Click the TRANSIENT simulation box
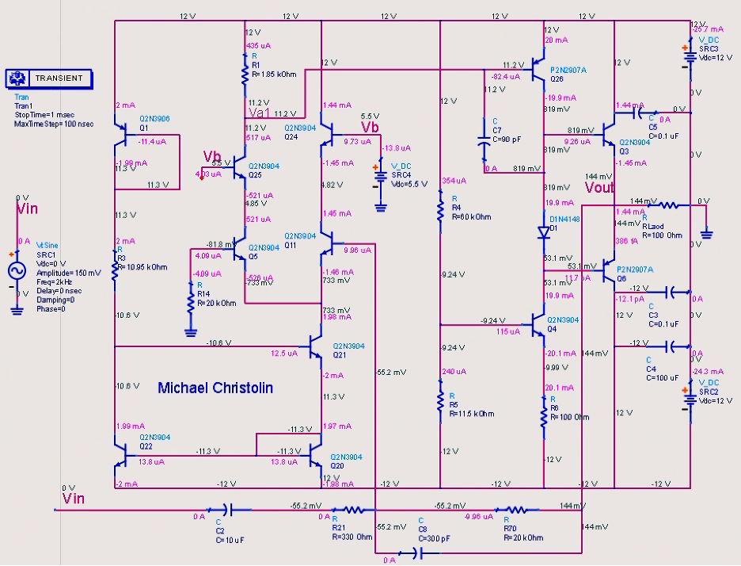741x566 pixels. (49, 78)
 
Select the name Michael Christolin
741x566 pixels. (215, 388)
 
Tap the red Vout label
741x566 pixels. (599, 188)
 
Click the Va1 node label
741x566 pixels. (260, 113)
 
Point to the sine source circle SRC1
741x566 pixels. (17, 272)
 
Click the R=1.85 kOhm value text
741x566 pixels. (274, 75)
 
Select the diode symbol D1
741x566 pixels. (543, 233)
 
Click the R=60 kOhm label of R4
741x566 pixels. (471, 216)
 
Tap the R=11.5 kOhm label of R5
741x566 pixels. (472, 414)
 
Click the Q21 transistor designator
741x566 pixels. (339, 355)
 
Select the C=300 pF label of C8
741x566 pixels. (435, 537)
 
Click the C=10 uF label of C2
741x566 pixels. (230, 539)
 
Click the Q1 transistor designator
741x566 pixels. (144, 127)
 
